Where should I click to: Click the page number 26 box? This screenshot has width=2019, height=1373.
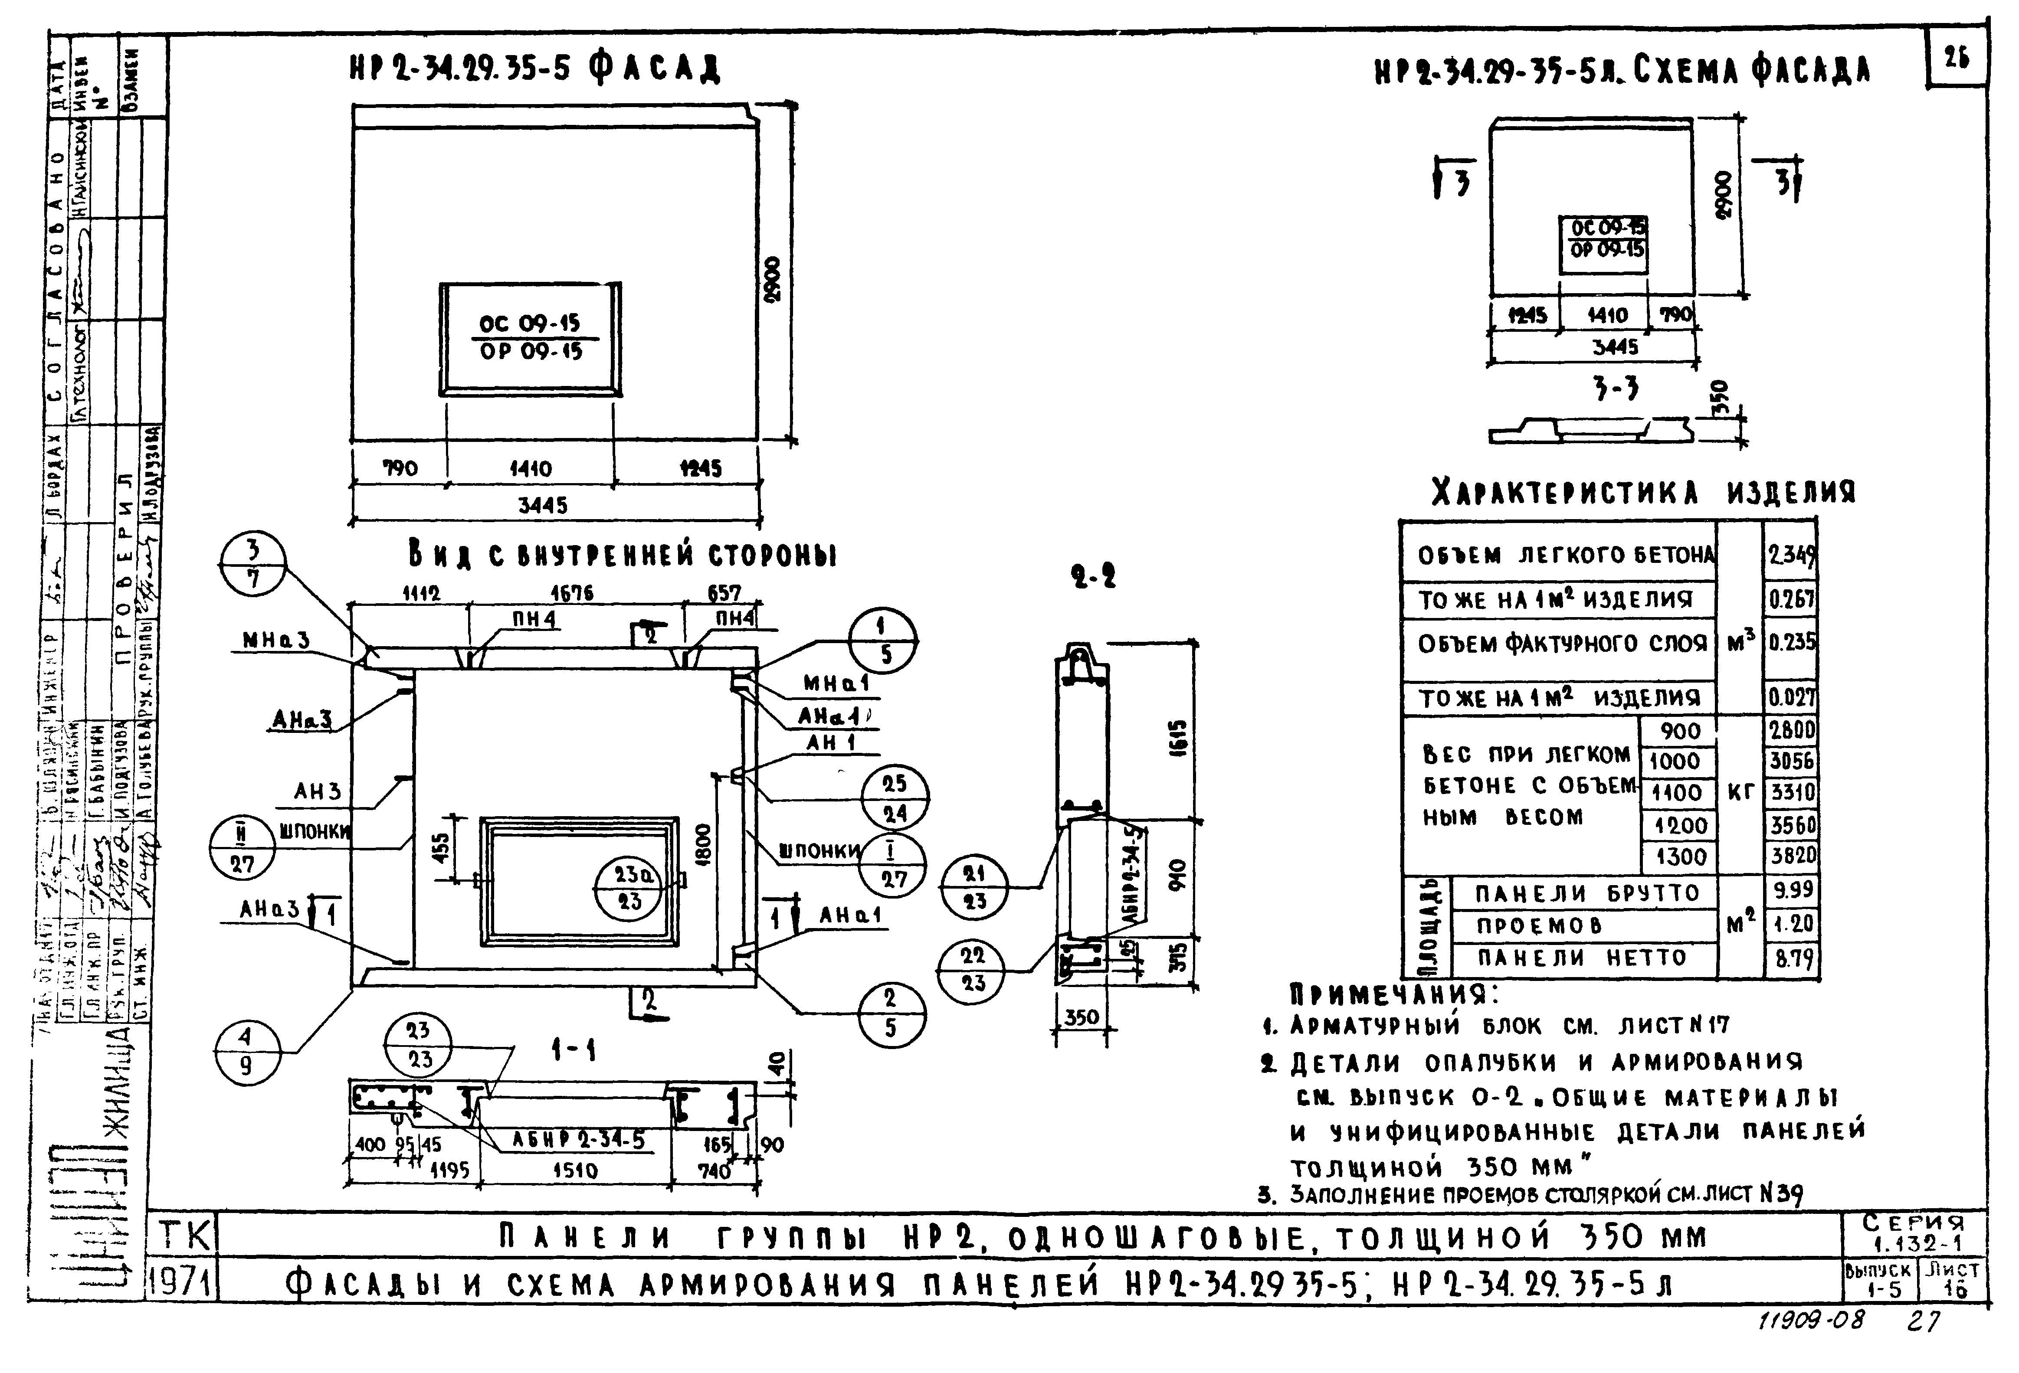(1957, 59)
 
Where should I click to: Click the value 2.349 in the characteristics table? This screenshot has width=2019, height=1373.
(1790, 554)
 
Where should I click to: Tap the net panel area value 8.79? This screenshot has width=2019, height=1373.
(1792, 959)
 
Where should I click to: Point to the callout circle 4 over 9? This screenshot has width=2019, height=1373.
(246, 1052)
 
